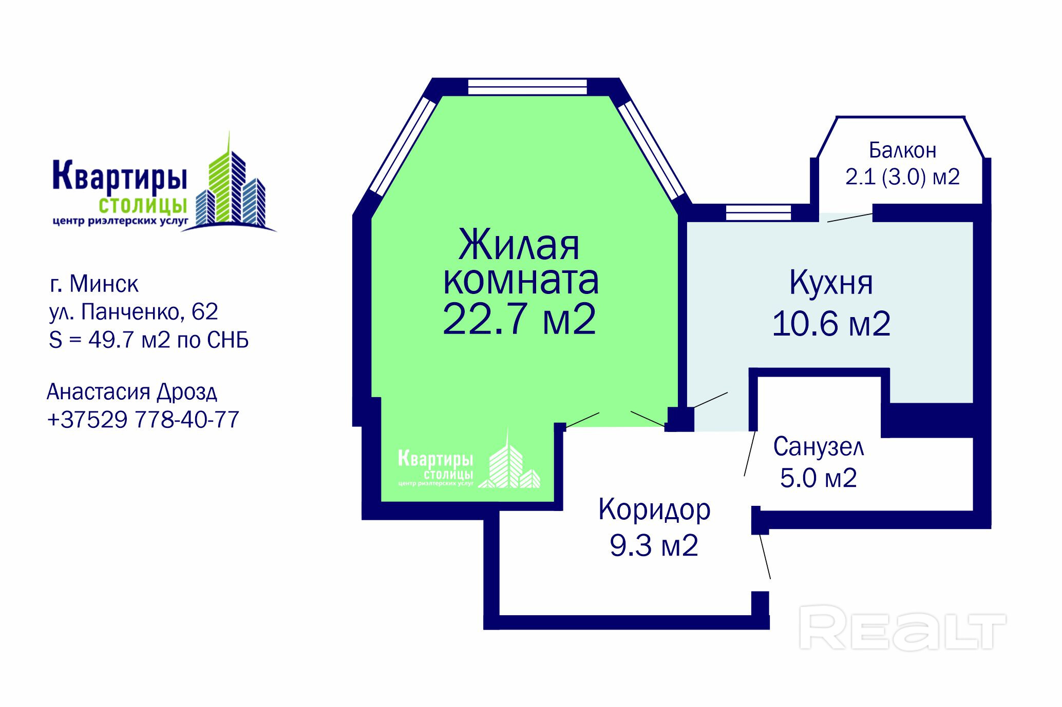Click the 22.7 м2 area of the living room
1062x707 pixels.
click(x=519, y=319)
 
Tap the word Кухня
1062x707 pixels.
click(x=831, y=284)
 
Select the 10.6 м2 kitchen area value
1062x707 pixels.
click(x=831, y=324)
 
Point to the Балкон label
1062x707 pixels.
click(x=902, y=150)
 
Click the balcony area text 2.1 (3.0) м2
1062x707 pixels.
click(x=902, y=177)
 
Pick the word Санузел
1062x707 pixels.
click(x=819, y=447)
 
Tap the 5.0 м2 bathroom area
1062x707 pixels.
click(x=819, y=478)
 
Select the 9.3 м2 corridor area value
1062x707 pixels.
click(x=654, y=545)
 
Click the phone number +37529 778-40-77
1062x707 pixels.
click(x=143, y=420)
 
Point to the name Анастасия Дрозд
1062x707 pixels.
click(x=132, y=392)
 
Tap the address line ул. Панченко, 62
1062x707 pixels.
click(x=134, y=311)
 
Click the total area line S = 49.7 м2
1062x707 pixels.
click(x=149, y=340)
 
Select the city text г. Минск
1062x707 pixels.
click(x=94, y=284)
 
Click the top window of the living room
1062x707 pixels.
click(x=527, y=87)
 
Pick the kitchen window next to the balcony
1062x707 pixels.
click(x=758, y=212)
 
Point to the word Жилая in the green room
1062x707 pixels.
click(x=519, y=245)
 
